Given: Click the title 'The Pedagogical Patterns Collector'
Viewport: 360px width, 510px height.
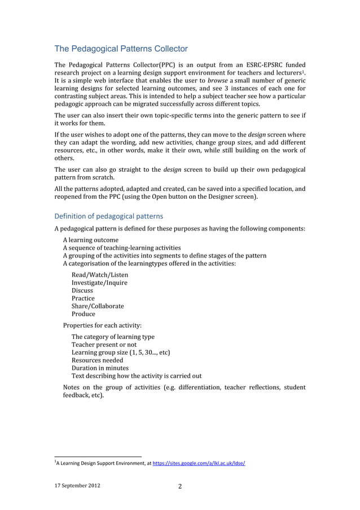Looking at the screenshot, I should [121, 49].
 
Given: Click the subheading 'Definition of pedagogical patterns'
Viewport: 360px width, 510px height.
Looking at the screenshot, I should [108, 216].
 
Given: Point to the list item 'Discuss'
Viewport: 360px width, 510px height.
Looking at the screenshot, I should [82, 290].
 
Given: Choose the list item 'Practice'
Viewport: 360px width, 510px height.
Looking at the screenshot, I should [83, 298].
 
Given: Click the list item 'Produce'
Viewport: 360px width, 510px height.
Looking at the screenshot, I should [84, 314].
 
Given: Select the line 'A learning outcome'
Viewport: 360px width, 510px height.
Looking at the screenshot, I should [90, 239].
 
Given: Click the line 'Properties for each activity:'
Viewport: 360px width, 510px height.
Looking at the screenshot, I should [102, 325].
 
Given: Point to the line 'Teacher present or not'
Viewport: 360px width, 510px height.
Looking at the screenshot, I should [104, 345].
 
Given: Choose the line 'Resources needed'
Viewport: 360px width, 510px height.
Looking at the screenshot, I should [96, 360].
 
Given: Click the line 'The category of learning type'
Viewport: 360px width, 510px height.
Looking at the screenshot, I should [113, 337].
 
